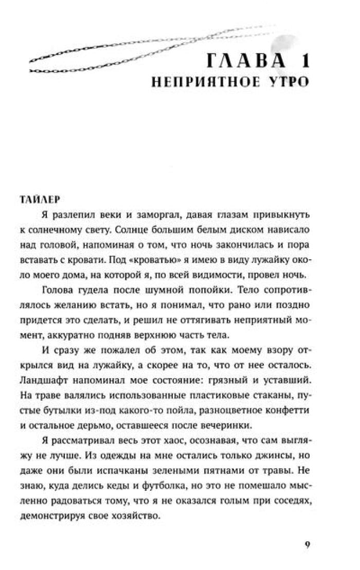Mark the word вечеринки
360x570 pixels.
point(226,426)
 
